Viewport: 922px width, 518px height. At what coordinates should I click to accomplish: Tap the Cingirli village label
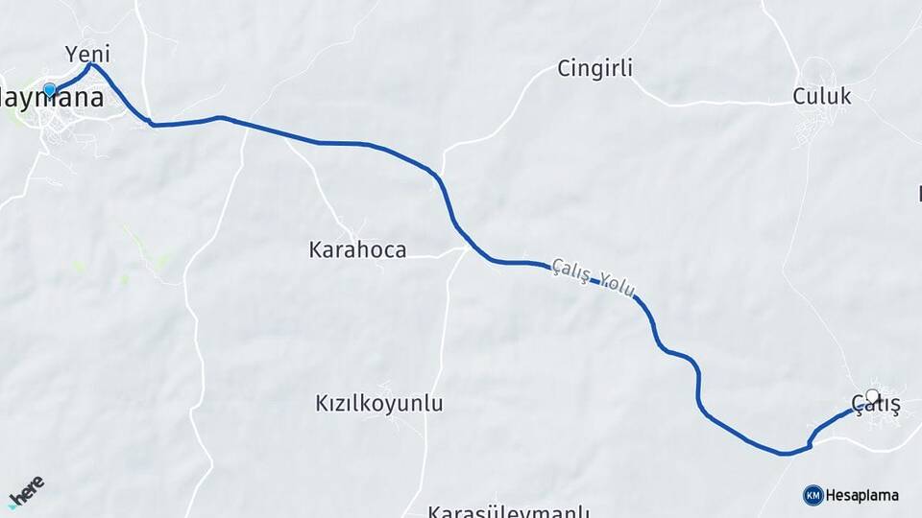595,68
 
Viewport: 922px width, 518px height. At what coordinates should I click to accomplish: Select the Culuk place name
821,96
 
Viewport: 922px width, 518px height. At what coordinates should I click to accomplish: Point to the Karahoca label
357,250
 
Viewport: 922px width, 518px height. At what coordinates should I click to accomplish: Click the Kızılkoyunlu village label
379,404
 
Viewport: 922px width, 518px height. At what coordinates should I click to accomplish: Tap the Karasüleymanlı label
509,510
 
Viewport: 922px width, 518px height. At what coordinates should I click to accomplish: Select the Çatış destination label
876,407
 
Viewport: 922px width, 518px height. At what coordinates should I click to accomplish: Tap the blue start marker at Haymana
50,91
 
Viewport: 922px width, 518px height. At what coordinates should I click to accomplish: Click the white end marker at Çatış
872,395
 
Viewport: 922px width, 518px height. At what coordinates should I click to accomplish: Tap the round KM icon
813,495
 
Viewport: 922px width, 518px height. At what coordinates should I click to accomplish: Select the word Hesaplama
862,495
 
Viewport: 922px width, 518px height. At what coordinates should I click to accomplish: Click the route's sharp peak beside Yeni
91,64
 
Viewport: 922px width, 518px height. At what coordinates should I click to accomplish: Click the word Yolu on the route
620,287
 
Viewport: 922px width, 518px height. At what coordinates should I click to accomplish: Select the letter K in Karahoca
317,250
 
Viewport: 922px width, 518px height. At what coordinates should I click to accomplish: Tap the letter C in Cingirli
565,68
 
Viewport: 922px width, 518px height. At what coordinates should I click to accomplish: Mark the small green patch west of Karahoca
124,279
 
